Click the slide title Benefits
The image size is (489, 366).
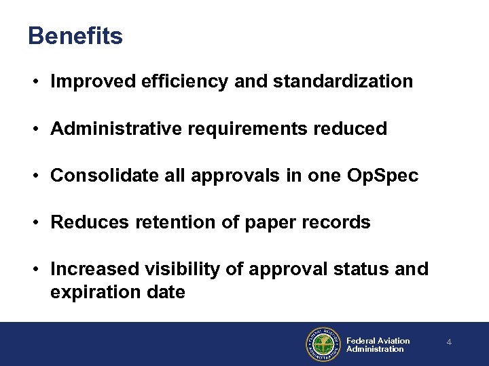[x=75, y=36]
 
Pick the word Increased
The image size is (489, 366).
[x=95, y=269]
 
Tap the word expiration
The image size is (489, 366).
[x=92, y=293]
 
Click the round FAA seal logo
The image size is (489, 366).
[x=323, y=344]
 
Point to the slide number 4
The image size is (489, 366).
[x=449, y=343]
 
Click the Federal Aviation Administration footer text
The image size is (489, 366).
[x=378, y=345]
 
